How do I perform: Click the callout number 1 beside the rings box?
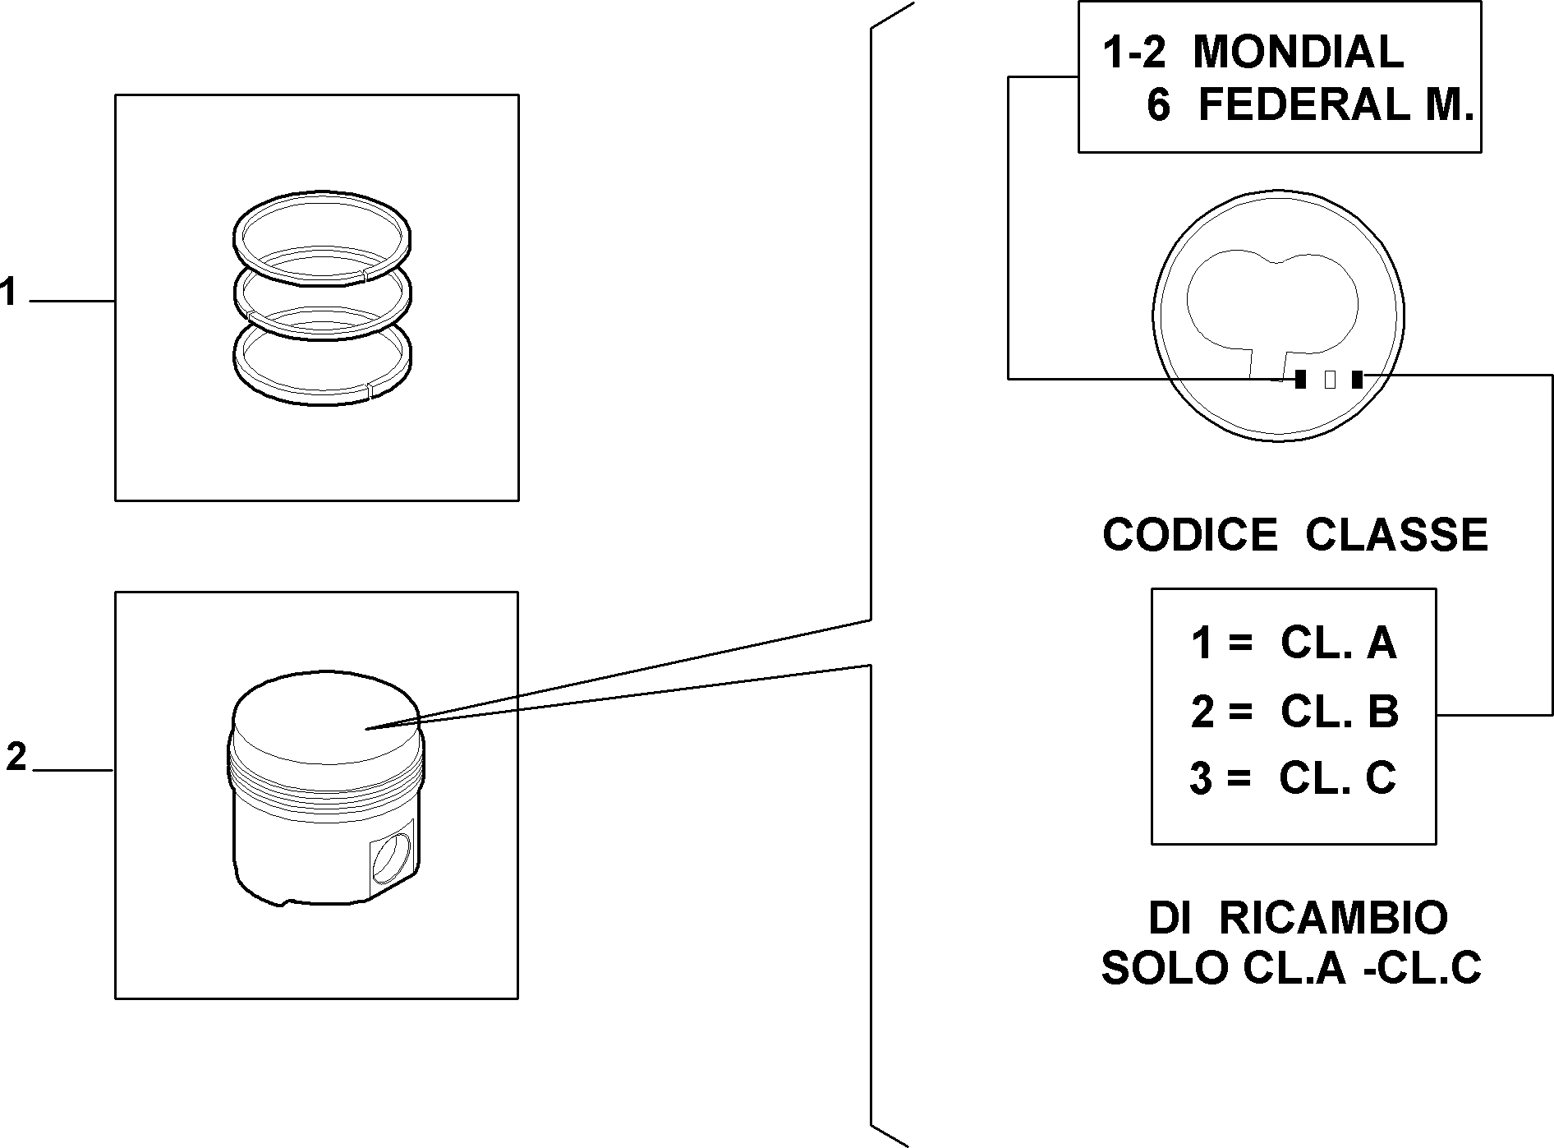point(9,293)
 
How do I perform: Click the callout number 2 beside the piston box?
point(16,756)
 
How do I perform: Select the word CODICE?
point(1189,534)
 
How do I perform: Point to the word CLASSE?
point(1396,534)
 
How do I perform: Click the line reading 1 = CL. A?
point(1294,643)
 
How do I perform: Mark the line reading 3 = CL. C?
point(1293,777)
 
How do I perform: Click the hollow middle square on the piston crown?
point(1330,379)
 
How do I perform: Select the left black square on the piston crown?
point(1300,379)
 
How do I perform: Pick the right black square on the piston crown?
point(1357,379)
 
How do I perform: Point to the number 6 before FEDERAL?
point(1158,105)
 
